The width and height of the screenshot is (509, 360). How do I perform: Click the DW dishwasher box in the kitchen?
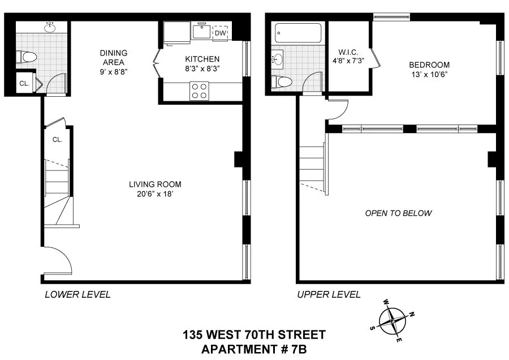220,33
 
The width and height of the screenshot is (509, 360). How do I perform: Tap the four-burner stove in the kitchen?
199,91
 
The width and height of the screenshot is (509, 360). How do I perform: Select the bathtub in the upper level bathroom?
297,33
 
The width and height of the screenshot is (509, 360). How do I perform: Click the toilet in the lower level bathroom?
24,57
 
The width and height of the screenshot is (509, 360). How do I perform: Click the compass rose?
392,321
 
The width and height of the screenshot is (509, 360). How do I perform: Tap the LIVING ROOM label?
155,184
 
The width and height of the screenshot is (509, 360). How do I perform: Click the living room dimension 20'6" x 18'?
155,194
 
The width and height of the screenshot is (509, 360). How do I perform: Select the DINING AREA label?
113,58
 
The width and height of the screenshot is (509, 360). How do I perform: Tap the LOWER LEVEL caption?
77,294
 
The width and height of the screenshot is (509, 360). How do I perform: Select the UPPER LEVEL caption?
329,294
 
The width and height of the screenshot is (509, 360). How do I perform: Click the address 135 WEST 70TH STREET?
254,335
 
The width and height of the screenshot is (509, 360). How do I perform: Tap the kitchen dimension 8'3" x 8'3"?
202,68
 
